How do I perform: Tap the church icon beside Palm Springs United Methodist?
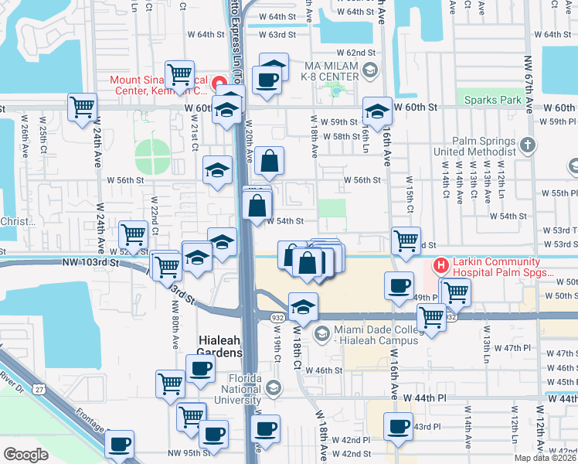pyautogui.click(x=527, y=145)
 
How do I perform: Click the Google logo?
pyautogui.click(x=25, y=455)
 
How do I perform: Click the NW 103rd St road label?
pyautogui.click(x=90, y=263)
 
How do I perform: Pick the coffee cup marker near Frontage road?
pyautogui.click(x=119, y=444)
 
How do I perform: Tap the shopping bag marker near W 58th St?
pyautogui.click(x=270, y=162)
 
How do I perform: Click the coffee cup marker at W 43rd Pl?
pyautogui.click(x=399, y=425)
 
